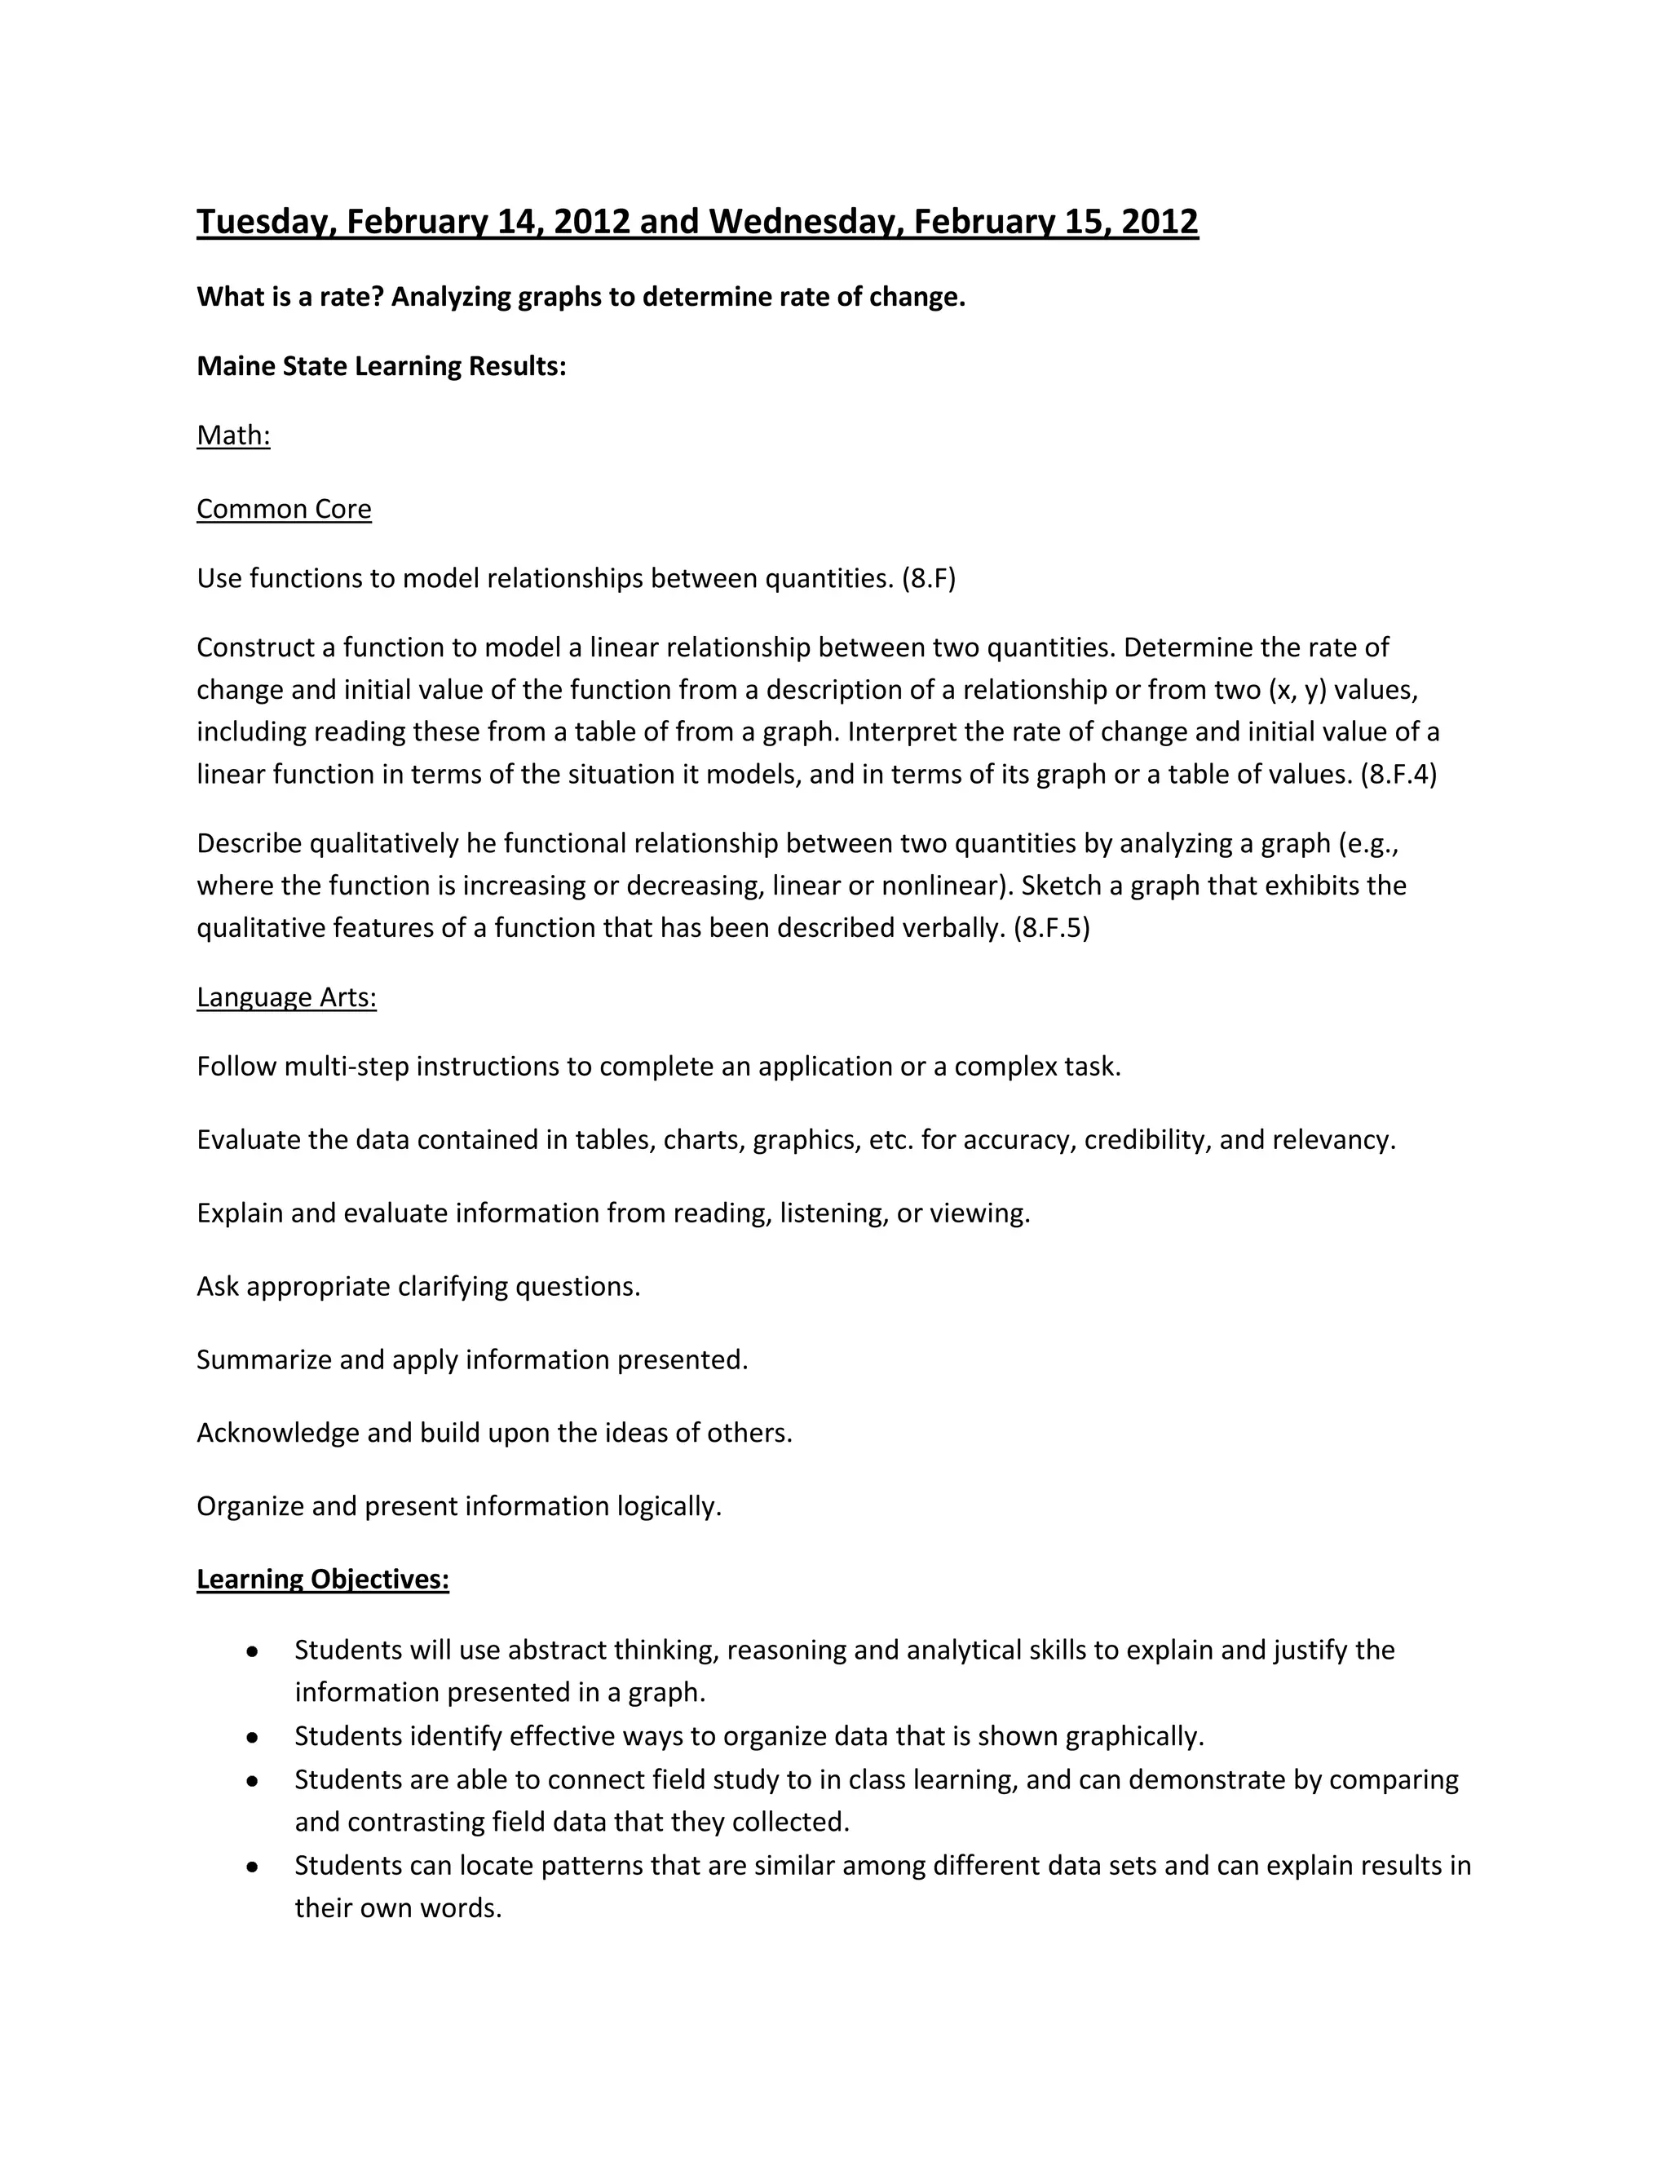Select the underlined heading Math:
point(233,435)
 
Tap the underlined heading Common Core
point(284,509)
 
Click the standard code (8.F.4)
point(1399,774)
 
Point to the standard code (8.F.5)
point(1052,928)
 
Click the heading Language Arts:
point(287,997)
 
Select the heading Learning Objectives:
point(323,1580)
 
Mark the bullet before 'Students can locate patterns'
point(254,1866)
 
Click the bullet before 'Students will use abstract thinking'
point(254,1651)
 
